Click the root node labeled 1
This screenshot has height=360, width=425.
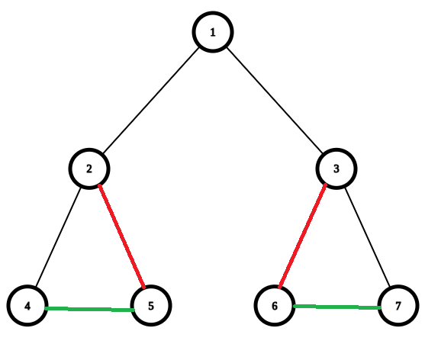pos(213,32)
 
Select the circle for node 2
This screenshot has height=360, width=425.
pos(89,169)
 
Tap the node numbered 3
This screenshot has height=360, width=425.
pos(336,169)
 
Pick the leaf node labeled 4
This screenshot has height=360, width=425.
pos(27,306)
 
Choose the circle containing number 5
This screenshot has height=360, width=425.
pos(151,306)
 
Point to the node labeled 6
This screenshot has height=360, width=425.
pos(275,306)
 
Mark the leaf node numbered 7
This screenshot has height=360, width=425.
pos(398,306)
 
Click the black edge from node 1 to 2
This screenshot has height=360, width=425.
pos(151,101)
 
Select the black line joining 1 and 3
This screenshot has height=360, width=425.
pos(275,101)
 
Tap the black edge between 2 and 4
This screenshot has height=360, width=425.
pos(58,237)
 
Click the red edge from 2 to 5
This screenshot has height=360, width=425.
pos(121,236)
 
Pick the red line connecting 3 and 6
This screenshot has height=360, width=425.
pos(302,236)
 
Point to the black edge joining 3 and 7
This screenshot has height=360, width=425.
pos(367,237)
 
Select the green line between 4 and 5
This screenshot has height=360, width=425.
pos(89,309)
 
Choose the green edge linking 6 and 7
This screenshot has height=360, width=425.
pos(337,307)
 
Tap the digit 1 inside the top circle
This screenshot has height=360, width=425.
pos(213,32)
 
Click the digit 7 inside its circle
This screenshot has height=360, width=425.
pos(398,306)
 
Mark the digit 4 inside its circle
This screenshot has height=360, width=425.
pos(27,306)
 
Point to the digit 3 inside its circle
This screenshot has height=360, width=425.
pos(336,169)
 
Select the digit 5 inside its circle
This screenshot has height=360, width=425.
pos(151,306)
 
